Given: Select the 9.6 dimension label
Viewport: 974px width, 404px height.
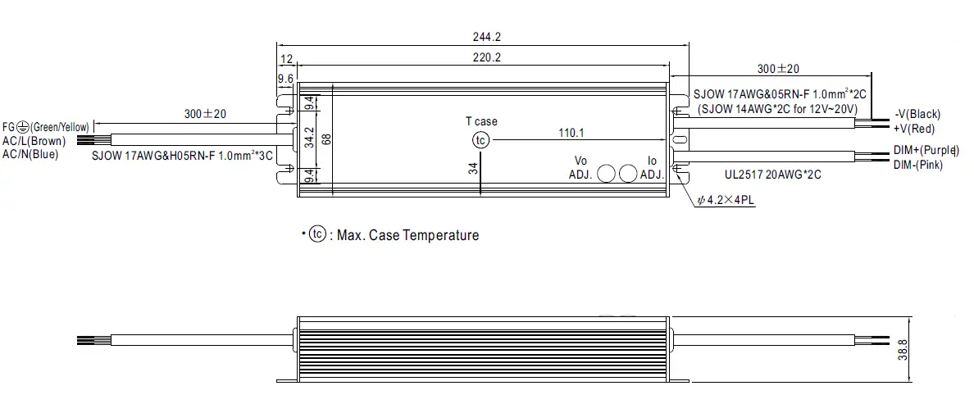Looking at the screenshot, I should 285,79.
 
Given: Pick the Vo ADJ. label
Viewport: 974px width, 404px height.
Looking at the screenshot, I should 580,167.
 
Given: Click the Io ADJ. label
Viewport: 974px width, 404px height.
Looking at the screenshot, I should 652,167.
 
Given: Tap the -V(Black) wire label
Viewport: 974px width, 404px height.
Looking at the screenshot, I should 917,114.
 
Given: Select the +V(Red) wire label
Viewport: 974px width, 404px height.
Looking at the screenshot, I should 914,128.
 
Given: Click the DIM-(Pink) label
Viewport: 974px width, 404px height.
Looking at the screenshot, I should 918,165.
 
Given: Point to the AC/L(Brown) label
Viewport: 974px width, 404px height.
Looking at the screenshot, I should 34,141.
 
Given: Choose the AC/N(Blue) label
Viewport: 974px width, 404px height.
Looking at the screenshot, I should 30,153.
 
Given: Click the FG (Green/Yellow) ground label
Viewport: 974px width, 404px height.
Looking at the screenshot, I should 45,127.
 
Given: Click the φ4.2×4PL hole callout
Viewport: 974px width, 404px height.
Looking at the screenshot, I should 726,200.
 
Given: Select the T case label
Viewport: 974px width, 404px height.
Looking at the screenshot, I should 481,121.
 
